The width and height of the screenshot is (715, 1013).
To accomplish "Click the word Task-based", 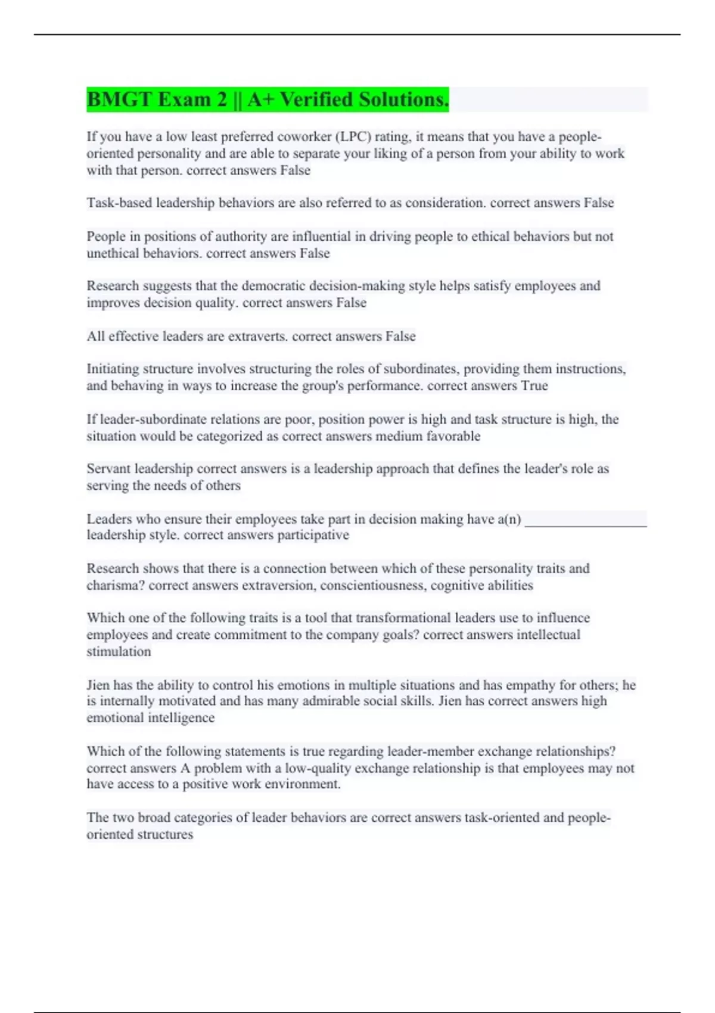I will click(x=119, y=203).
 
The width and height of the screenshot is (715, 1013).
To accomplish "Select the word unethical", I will click(x=113, y=253).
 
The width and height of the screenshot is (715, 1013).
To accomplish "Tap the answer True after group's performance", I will click(x=534, y=386).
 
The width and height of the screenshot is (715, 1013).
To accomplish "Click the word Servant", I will click(x=108, y=469).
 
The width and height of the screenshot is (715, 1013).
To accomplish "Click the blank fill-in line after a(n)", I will click(x=585, y=521).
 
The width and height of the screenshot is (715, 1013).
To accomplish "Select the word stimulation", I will click(x=119, y=652).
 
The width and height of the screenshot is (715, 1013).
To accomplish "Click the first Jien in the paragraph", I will click(x=98, y=685).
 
